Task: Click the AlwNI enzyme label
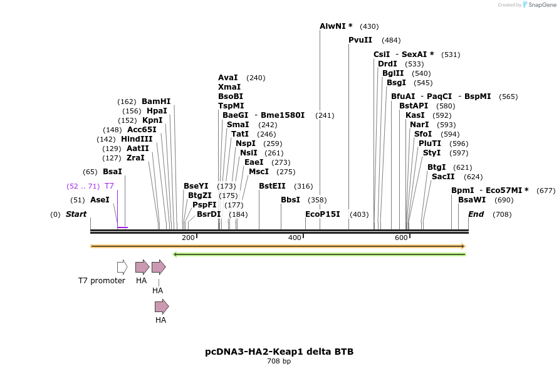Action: coord(335,26)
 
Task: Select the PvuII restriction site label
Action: coord(360,40)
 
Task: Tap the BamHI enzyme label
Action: coord(156,102)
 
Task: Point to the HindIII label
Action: coord(137,139)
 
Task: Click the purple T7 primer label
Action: coord(109,186)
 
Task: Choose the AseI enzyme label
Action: coord(100,200)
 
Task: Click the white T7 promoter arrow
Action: coord(122,267)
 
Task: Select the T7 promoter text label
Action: coord(102,281)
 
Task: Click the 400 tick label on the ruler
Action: coord(295,238)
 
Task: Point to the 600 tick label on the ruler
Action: coord(401,238)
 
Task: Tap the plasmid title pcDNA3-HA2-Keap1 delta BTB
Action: coord(279,352)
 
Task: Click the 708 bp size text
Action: coord(279,362)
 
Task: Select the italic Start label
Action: coord(76,214)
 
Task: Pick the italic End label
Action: coord(476,214)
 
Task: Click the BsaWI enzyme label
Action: coord(472,200)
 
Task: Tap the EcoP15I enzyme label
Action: coord(322,214)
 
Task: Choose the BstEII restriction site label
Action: coord(272,186)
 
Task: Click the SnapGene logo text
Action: coord(542,5)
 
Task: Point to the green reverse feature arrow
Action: coord(319,254)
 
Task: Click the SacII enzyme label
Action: coord(443,177)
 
